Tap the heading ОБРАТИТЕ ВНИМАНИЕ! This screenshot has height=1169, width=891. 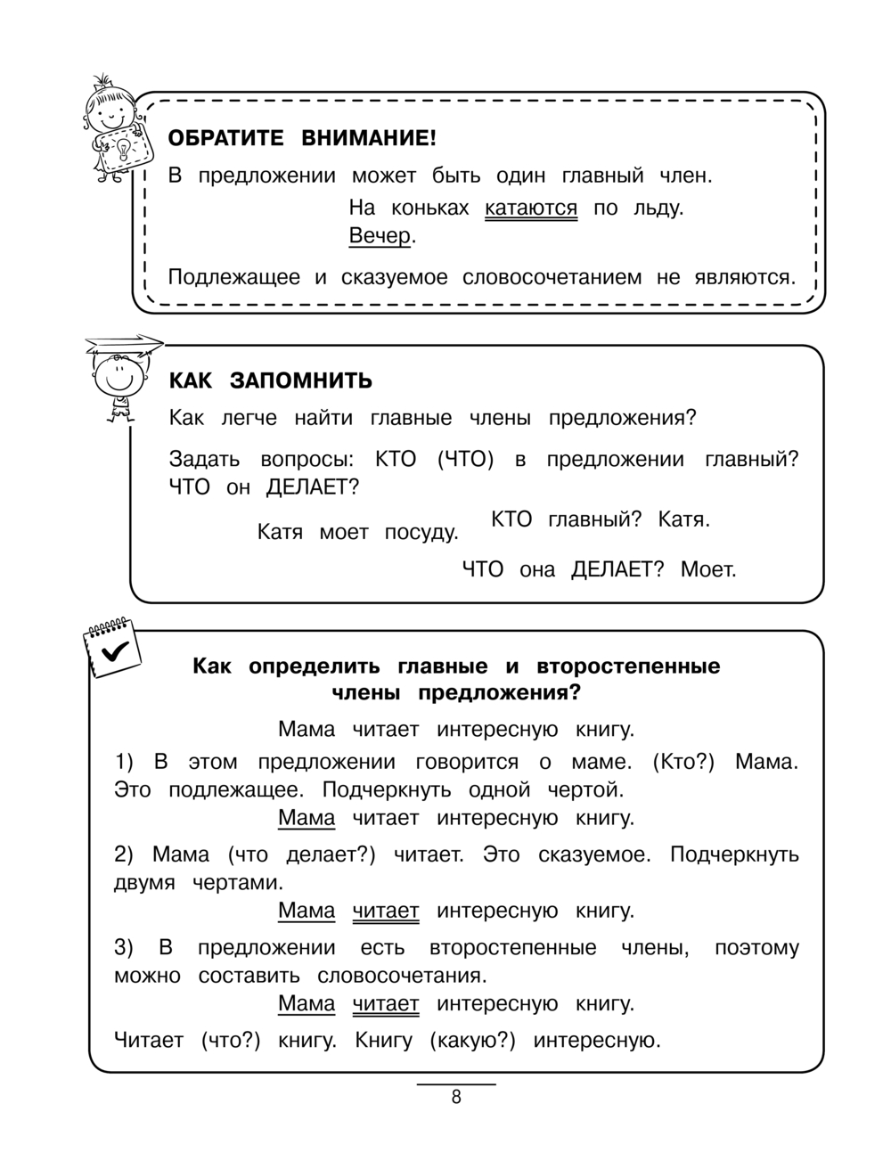tap(302, 139)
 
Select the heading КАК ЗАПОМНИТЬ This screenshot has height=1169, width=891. tap(271, 381)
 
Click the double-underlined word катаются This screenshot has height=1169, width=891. tap(531, 208)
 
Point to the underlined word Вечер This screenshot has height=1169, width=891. tap(380, 236)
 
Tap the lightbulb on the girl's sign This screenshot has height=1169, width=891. tap(122, 148)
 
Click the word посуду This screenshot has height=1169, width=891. tap(421, 533)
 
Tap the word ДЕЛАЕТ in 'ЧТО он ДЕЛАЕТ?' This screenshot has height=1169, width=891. tap(312, 487)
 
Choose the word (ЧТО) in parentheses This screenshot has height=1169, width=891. tap(465, 460)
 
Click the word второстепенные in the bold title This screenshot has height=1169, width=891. tap(628, 666)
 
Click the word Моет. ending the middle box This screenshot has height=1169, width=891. tap(708, 569)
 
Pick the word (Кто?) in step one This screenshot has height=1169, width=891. tap(684, 762)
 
